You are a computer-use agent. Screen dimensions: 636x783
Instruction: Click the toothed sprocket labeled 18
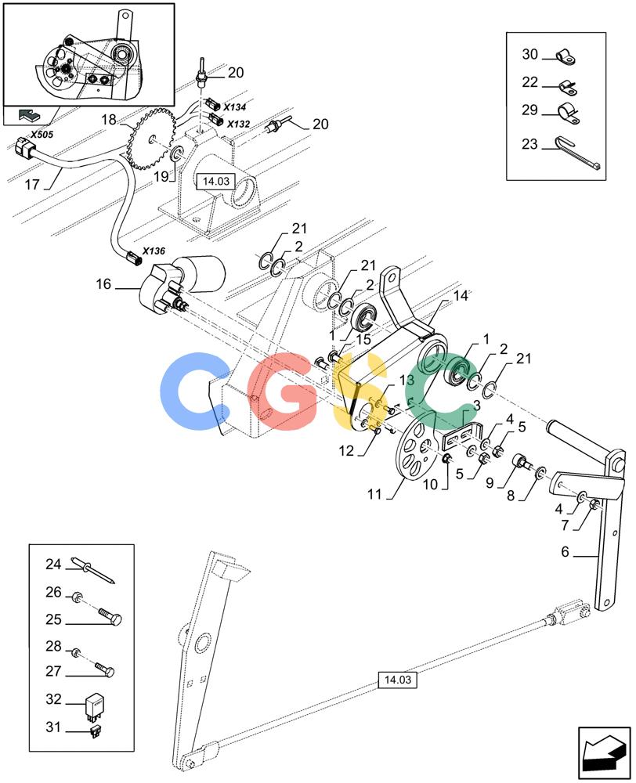pos(150,139)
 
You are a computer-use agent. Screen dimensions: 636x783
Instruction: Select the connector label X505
pos(42,135)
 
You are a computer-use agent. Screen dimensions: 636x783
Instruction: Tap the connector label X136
pos(154,251)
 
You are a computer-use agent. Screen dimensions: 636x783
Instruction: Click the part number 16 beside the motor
pos(103,284)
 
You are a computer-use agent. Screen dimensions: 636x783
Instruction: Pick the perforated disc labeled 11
pos(414,445)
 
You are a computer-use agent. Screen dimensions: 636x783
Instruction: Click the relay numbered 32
pos(94,707)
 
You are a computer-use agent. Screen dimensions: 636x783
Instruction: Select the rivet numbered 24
pos(95,570)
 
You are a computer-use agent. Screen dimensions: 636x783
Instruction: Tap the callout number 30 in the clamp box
pos(529,54)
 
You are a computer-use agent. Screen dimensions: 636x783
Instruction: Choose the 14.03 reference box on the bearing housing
pos(215,182)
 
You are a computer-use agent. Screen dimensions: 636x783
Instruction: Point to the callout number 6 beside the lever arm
pos(565,552)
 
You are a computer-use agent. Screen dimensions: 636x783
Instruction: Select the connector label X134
pos(235,106)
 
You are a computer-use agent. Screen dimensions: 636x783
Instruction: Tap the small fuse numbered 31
pos(95,732)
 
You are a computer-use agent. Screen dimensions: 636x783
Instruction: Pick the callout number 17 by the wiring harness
pos(32,185)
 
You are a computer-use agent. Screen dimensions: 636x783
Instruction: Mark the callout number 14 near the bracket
pos(460,296)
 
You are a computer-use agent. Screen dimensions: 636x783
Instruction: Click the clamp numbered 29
pos(568,113)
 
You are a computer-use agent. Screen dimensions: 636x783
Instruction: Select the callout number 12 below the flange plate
pos(346,451)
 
